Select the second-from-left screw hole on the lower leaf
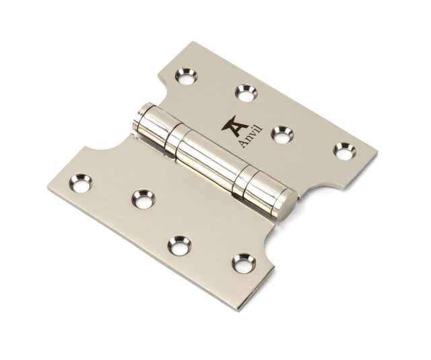point(143,198)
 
